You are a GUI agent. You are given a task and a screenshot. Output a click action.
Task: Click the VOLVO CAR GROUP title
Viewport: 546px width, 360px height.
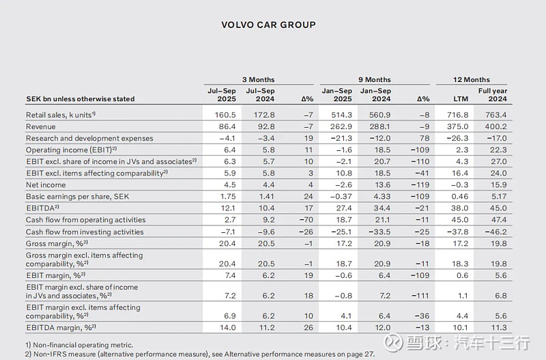coord(268,25)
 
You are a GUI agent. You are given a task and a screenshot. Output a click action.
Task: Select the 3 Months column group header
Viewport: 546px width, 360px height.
coord(259,79)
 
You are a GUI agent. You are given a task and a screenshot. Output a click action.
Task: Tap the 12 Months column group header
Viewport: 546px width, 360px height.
coord(472,79)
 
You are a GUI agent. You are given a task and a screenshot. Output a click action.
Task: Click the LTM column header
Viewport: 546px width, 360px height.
coord(461,99)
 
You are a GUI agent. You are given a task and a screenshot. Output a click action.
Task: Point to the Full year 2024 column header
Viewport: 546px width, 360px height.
coord(493,95)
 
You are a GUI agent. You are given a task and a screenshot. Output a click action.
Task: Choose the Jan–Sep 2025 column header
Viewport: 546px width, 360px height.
coord(336,95)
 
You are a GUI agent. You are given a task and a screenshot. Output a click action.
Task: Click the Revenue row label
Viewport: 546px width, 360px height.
coord(41,126)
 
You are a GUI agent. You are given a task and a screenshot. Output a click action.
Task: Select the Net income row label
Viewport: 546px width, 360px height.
coord(46,184)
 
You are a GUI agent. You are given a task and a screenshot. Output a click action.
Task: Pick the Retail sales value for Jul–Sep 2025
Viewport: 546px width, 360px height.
coord(225,115)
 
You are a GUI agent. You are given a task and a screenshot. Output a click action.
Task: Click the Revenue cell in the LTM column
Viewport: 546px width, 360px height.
coord(457,126)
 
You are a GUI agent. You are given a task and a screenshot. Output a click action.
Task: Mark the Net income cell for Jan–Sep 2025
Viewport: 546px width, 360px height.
coord(341,184)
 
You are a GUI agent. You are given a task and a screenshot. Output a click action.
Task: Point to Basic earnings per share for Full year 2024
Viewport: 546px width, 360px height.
coord(499,197)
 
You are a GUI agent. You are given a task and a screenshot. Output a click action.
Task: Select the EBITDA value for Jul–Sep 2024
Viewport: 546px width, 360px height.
coord(266,208)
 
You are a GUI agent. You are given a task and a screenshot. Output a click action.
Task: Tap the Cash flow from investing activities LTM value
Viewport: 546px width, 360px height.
coord(457,232)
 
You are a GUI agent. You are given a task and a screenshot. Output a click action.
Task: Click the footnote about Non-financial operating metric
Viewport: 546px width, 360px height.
coord(79,345)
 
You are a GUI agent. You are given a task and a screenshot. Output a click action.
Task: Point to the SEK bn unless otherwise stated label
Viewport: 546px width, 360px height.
coord(81,99)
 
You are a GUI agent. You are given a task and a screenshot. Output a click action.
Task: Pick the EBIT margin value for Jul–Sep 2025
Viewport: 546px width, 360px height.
coord(230,275)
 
